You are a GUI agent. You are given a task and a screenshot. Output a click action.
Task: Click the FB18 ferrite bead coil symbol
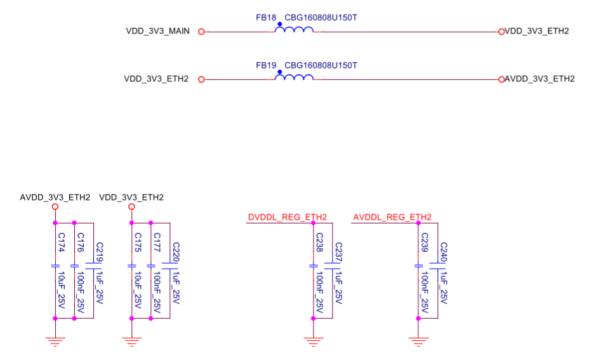(294, 29)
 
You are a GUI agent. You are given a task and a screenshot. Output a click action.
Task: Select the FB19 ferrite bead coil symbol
(294, 77)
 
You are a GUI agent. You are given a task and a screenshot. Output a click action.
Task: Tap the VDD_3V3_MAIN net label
(157, 31)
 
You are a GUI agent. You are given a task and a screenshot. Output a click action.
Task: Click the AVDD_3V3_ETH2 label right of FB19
(540, 79)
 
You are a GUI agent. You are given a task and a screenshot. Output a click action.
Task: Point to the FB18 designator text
(266, 18)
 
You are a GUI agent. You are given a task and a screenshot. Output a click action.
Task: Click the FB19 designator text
(266, 65)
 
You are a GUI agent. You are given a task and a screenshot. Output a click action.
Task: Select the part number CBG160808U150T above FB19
(321, 65)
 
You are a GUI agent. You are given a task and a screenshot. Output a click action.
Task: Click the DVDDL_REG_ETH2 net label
(286, 217)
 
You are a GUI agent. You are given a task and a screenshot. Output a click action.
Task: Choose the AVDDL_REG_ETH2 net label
(392, 217)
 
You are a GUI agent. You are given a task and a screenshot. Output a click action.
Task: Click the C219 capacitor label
(100, 253)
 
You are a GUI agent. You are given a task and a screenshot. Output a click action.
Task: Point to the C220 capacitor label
(176, 253)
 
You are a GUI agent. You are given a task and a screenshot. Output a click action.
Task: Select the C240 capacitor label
(444, 253)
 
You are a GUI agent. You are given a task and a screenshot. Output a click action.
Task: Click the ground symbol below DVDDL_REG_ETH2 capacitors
(313, 341)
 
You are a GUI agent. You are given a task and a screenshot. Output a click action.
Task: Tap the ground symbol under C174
(55, 341)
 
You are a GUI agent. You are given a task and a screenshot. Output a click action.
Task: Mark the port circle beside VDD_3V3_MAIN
(201, 31)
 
